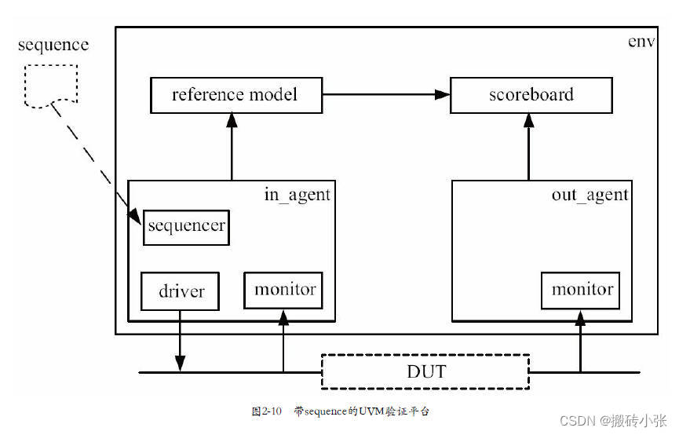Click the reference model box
(x=235, y=95)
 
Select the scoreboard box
(x=531, y=95)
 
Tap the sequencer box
(x=186, y=226)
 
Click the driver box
(x=181, y=291)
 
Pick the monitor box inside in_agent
(x=284, y=290)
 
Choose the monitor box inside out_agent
(x=581, y=290)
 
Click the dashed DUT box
(x=425, y=371)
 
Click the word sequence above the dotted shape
(x=53, y=45)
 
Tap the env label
(x=642, y=41)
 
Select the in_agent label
(x=298, y=195)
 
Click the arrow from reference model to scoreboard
(x=385, y=95)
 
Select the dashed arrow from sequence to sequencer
(x=90, y=157)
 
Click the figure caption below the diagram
(x=340, y=411)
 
